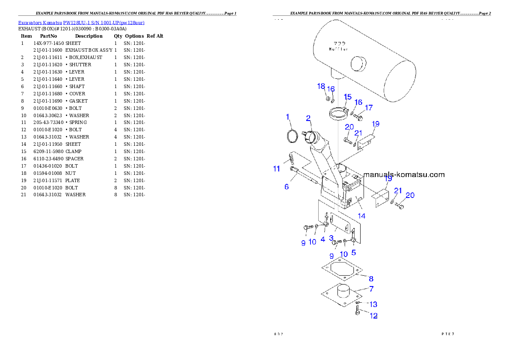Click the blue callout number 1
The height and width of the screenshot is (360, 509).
(x=288, y=117)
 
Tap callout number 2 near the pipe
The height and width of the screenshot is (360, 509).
(x=308, y=118)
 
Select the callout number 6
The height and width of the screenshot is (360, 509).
(x=287, y=187)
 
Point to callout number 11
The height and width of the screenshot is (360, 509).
(x=277, y=169)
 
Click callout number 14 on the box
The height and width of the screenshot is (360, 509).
(x=362, y=216)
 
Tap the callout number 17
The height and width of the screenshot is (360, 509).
(x=369, y=108)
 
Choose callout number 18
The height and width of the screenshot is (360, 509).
(x=321, y=86)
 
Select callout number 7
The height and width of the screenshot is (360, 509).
(x=371, y=289)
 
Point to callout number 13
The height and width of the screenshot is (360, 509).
(x=373, y=304)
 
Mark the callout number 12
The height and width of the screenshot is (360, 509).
(x=373, y=316)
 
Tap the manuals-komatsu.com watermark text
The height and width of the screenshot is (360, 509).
(x=404, y=174)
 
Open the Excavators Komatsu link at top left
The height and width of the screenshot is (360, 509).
(x=81, y=22)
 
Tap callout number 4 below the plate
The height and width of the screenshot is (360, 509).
(x=323, y=239)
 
